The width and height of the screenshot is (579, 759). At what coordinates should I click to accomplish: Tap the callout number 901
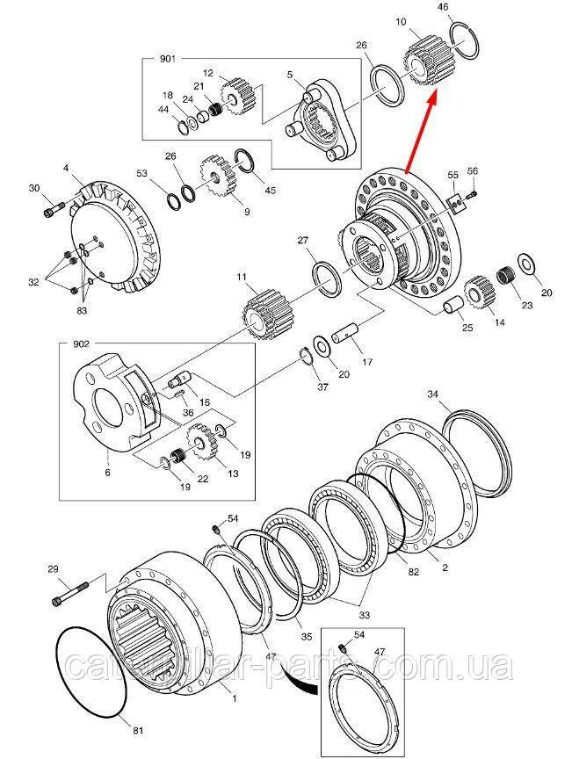168,59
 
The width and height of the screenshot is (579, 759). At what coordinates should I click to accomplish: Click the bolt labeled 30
54,210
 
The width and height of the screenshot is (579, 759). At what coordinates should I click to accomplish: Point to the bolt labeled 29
69,594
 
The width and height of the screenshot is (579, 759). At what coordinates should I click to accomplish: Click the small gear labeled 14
479,295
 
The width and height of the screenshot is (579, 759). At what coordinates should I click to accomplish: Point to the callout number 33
364,615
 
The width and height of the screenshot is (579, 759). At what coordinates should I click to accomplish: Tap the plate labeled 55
458,203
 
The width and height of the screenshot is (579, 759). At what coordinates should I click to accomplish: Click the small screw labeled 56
472,195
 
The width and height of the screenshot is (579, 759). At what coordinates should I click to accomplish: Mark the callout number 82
412,572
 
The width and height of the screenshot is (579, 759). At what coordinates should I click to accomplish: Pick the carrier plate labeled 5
321,119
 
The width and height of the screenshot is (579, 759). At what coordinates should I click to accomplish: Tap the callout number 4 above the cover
66,169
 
